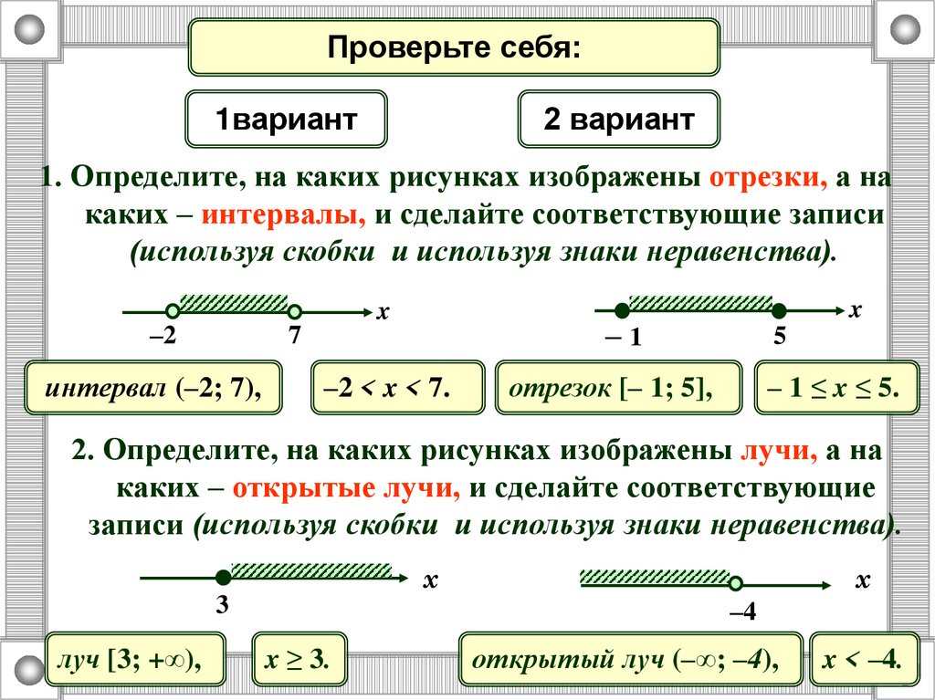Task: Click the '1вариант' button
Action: pos(286,120)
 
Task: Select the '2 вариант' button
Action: pos(618,120)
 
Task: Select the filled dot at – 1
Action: pos(623,310)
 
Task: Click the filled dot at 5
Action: pos(779,310)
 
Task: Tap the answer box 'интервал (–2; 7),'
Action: pos(153,390)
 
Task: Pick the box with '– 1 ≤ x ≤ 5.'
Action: pos(835,390)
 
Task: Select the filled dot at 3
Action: pos(222,577)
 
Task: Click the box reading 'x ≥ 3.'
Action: pos(300,659)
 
